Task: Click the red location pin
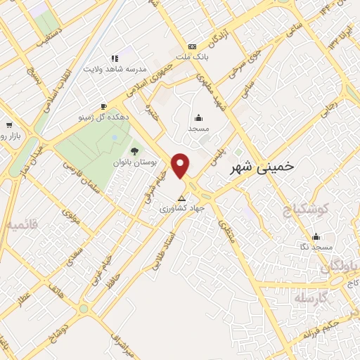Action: click(x=181, y=165)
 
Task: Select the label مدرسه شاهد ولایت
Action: click(x=113, y=69)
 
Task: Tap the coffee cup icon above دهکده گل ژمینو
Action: click(x=103, y=107)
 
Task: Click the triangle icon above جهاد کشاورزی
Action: click(x=182, y=197)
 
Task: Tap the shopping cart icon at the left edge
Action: click(x=7, y=122)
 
